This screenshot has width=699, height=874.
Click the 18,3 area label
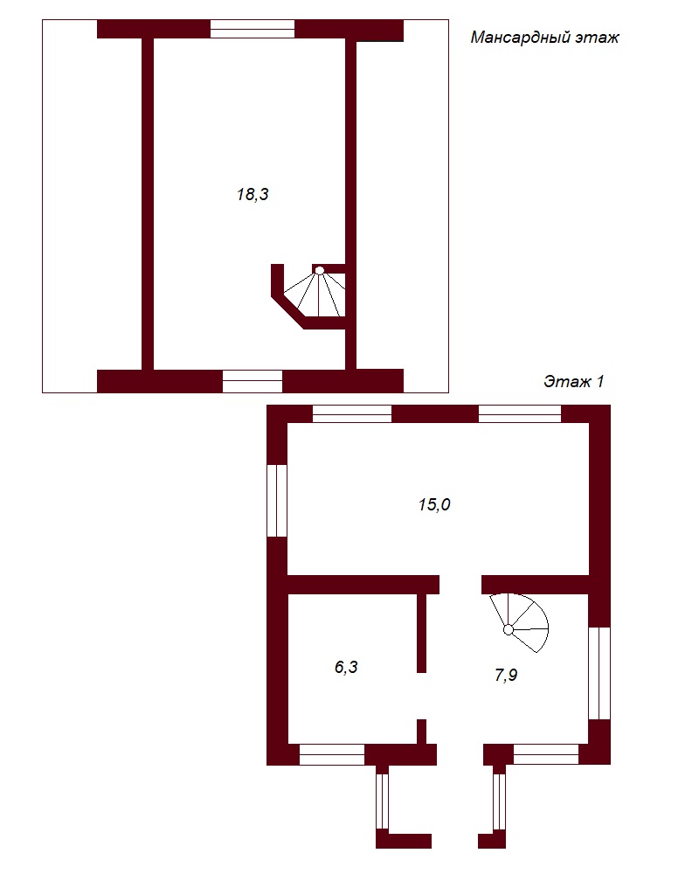click(x=253, y=194)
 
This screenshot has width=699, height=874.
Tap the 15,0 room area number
click(x=434, y=504)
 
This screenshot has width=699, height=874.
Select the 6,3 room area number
click(x=346, y=667)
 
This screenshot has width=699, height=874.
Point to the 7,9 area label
click(x=506, y=675)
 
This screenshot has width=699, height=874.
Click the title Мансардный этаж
click(x=544, y=38)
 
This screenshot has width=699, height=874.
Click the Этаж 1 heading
click(x=573, y=382)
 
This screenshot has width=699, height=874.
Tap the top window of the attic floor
click(x=253, y=29)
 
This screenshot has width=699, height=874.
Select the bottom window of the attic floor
click(x=253, y=381)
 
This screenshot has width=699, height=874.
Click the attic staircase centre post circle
click(x=320, y=270)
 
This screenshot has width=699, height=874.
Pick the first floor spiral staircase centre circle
click(x=509, y=630)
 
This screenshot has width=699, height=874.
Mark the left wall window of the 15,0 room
click(x=277, y=501)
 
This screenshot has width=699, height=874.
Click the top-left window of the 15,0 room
click(x=352, y=414)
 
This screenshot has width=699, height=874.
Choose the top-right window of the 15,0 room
click(x=520, y=414)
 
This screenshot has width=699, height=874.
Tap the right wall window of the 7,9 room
click(x=599, y=673)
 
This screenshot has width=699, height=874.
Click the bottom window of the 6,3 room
click(x=332, y=755)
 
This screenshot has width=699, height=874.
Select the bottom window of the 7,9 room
click(x=546, y=755)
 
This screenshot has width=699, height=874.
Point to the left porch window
click(x=382, y=801)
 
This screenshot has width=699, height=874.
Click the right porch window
click(x=500, y=801)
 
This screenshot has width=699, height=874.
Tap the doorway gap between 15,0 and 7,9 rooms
click(x=460, y=585)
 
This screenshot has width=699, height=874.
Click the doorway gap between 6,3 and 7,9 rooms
click(x=422, y=697)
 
